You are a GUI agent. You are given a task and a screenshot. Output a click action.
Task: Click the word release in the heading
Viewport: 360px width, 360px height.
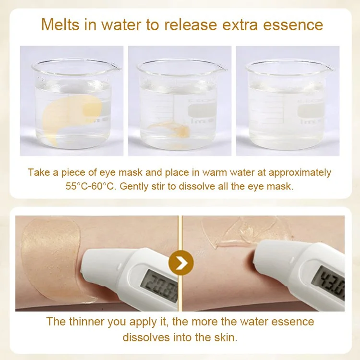[x=191, y=24]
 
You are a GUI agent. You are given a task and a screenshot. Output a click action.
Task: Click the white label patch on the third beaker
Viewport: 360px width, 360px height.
[x=311, y=110]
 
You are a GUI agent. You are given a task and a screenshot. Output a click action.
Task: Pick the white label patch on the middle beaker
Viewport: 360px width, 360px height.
[x=203, y=110]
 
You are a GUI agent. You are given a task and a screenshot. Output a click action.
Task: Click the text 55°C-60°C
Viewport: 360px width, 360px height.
[x=90, y=186]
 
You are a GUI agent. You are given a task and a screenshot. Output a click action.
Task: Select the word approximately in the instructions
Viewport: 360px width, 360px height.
[x=300, y=173]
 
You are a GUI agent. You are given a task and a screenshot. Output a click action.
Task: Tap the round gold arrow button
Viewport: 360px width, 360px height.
[x=181, y=263]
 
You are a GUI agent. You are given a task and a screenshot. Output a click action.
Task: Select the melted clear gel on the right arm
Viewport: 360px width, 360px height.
[x=241, y=232]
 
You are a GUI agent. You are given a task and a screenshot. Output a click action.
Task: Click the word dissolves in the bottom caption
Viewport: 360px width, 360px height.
[x=146, y=337]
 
